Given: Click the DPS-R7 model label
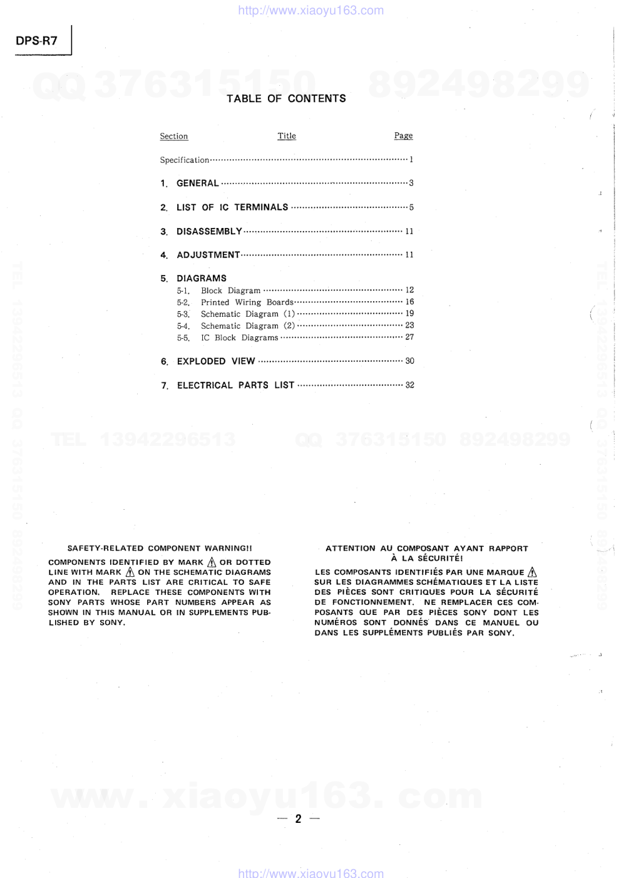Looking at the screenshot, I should (36, 41).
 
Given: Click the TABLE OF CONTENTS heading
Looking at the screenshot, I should (286, 98).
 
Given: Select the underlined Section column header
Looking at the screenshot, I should (173, 137).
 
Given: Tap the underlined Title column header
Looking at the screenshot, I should (287, 136).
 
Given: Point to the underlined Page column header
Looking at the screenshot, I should (403, 136).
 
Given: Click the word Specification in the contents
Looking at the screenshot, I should (184, 160).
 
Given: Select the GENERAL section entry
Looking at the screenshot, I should (198, 183).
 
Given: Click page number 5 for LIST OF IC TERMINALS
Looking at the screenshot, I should (411, 207).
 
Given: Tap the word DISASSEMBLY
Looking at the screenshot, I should (209, 232).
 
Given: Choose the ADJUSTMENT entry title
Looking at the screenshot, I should (208, 255).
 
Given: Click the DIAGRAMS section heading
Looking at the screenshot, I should (202, 279).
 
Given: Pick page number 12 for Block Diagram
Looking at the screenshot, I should (409, 290).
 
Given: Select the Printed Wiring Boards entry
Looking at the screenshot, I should (247, 302).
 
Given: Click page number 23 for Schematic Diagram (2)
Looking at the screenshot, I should (409, 325).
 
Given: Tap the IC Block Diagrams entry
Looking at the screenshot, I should (239, 338).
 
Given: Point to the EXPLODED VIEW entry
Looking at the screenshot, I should (216, 361).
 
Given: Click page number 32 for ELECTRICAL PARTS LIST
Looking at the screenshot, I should (409, 385).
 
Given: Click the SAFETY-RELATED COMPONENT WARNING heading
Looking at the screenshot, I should (160, 549).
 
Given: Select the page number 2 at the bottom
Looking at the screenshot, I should (299, 819).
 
